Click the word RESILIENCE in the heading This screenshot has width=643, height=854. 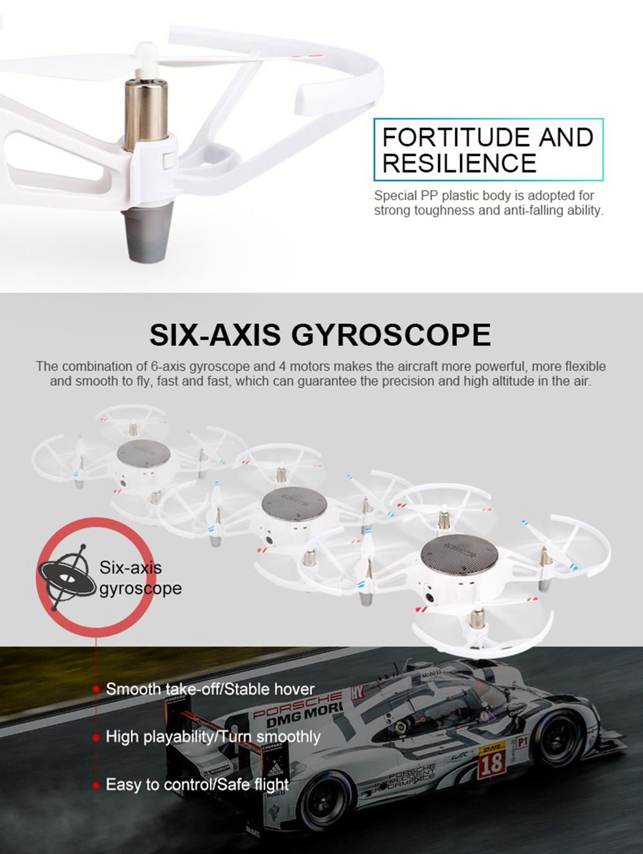click(459, 163)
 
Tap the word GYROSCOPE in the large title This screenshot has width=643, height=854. click(391, 335)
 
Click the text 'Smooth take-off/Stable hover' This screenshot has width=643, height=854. click(210, 689)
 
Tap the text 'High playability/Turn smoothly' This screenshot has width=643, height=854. click(213, 736)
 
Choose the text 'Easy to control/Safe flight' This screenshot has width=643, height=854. click(197, 785)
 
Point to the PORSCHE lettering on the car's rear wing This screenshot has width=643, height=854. click(297, 704)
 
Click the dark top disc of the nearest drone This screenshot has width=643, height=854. click(459, 555)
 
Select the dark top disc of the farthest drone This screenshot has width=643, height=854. click(143, 453)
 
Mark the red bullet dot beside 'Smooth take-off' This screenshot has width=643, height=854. click(96, 690)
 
